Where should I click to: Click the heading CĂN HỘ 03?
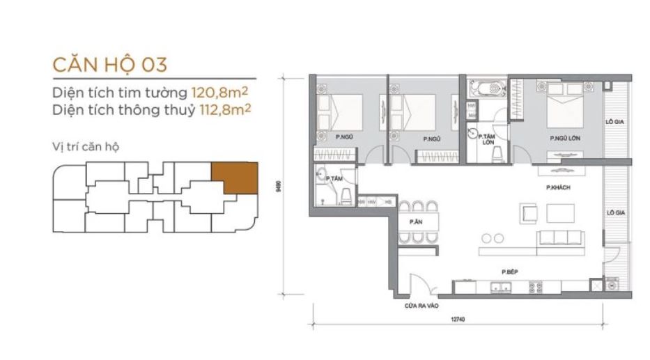click(x=109, y=65)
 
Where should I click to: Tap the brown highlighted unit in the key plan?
click(x=235, y=178)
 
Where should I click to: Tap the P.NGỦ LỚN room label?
click(x=564, y=139)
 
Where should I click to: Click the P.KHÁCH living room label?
click(x=559, y=188)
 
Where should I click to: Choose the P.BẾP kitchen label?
click(x=507, y=272)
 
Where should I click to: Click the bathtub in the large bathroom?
click(x=487, y=89)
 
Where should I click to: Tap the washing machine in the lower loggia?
click(x=612, y=284)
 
